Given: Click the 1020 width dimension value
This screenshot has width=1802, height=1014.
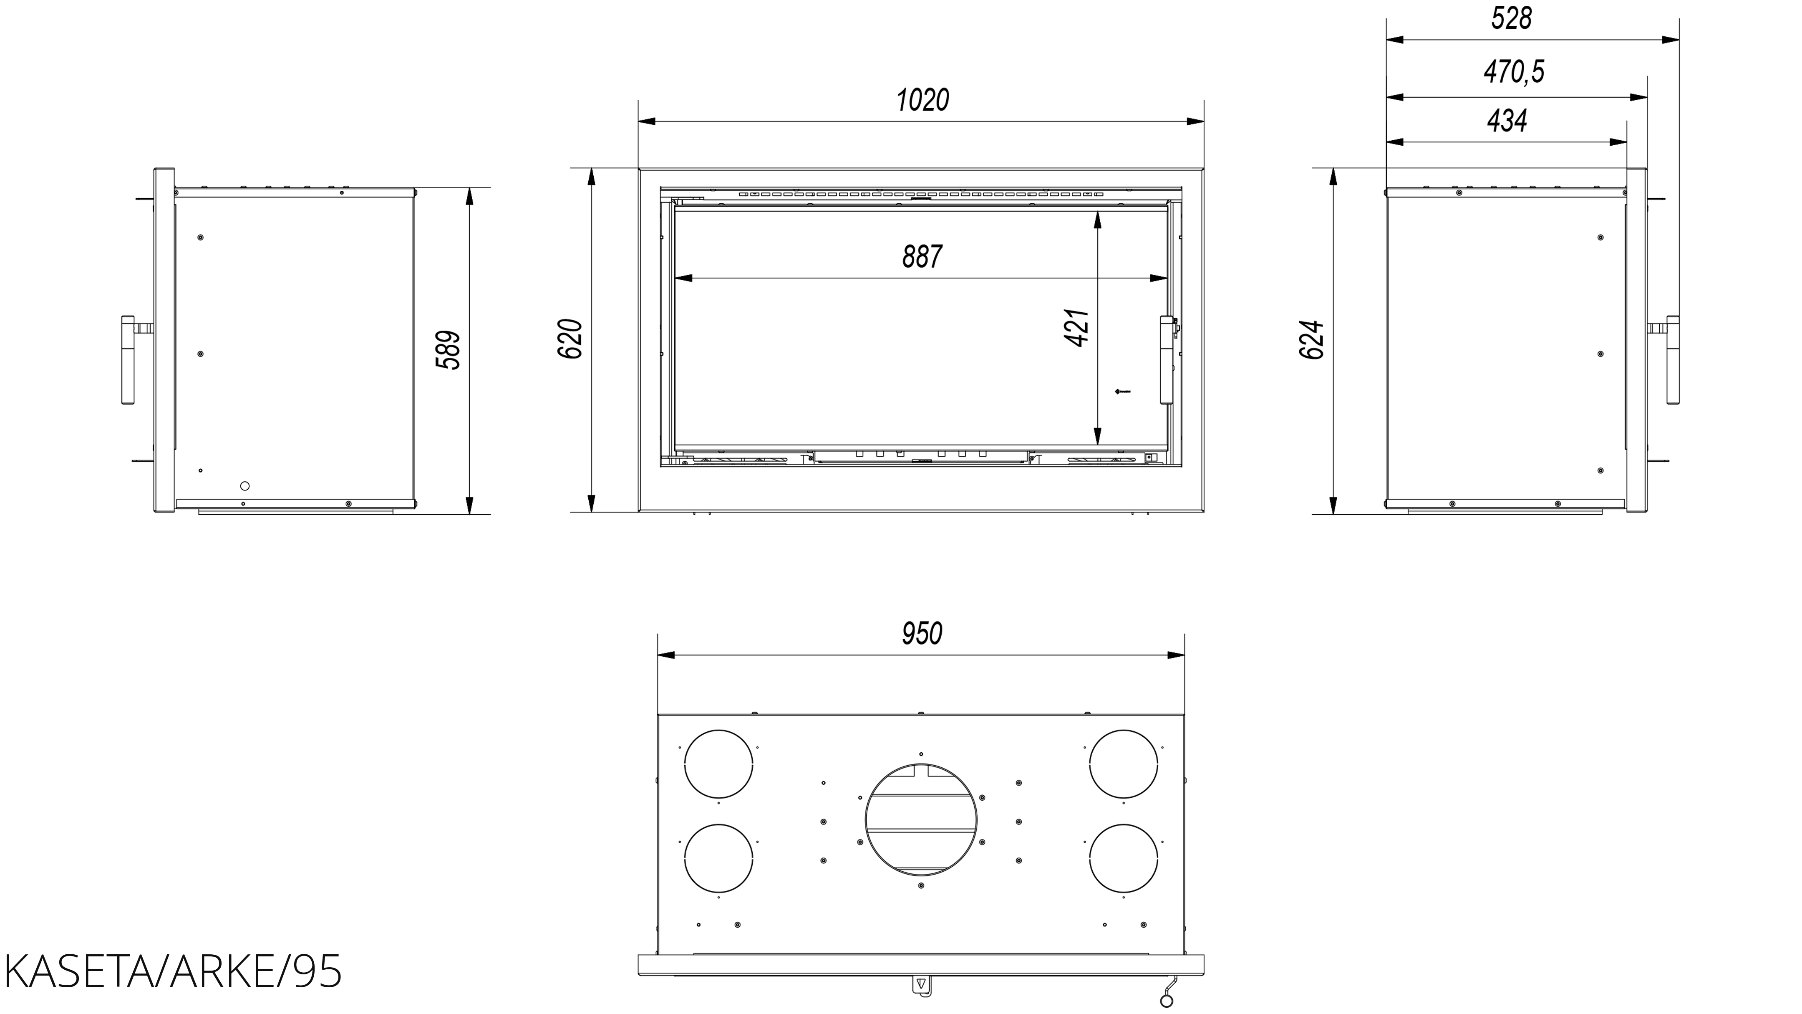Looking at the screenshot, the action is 922,100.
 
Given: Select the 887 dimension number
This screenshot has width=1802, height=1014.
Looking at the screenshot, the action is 922,257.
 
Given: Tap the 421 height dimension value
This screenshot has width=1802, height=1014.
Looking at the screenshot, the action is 1076,328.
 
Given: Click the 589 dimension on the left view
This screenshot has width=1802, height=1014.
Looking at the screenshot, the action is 448,350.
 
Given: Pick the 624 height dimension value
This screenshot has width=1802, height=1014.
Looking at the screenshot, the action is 1312,340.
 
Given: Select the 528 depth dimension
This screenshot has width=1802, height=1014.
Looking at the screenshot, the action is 1511,19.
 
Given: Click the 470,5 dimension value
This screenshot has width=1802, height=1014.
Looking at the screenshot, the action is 1514,71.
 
